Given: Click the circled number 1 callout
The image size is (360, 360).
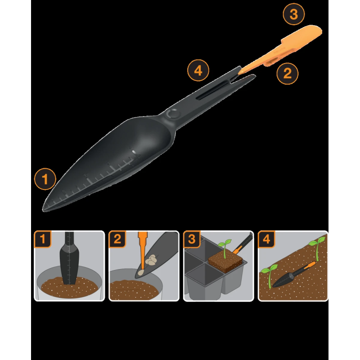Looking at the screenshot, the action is coord(45,179).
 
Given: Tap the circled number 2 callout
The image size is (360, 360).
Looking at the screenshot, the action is coord(288,73).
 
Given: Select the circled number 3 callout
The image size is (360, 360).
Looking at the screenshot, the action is coord(294,14).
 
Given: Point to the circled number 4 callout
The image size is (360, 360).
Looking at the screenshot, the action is coord(198,70).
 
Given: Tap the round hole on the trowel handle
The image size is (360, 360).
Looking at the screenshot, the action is coord(173,114).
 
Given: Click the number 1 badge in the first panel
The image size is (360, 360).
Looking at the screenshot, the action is coord(43,239).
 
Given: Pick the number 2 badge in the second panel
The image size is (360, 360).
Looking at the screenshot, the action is coord(117,239).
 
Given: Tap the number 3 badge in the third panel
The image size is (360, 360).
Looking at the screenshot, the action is coord(192,239).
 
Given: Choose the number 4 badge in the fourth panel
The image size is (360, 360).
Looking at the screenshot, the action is coord(266,239).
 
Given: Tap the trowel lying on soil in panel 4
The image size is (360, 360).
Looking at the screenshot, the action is coord(294,274).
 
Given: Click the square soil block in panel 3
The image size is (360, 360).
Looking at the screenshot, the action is coord(225,262).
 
